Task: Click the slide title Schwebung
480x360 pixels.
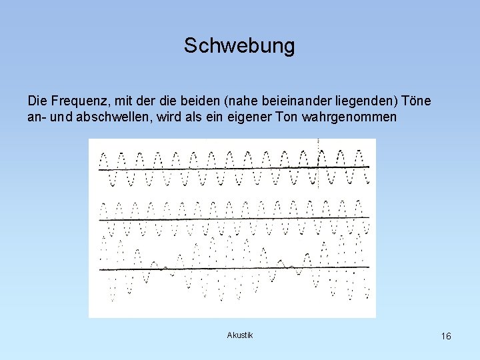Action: pos(239,46)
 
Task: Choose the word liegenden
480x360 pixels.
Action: pos(360,101)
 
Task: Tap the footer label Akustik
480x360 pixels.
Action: pos(240,335)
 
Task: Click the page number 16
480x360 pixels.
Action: pos(446,336)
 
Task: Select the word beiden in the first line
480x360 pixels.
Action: pos(201,101)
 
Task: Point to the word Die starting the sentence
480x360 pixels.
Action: pos(37,101)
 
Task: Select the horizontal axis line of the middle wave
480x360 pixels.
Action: pos(233,219)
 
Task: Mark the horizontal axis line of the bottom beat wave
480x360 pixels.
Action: pos(233,268)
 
